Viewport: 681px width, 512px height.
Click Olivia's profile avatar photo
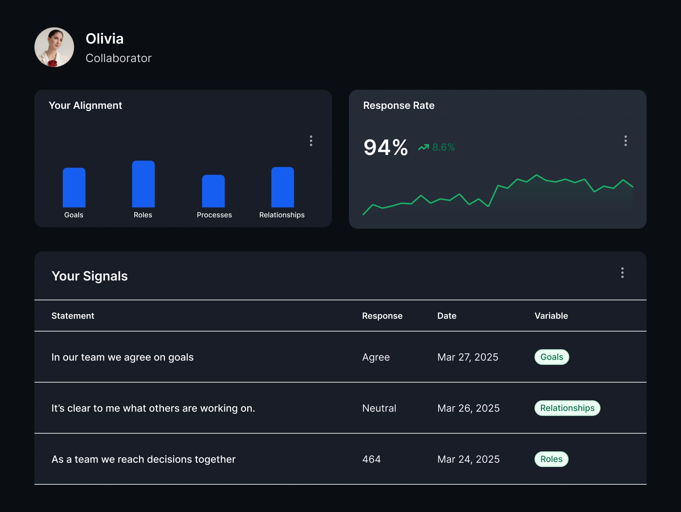pyautogui.click(x=54, y=47)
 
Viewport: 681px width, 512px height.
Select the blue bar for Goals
pyautogui.click(x=74, y=188)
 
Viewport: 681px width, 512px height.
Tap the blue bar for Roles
pyautogui.click(x=143, y=184)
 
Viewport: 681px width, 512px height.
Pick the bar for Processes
pyautogui.click(x=213, y=191)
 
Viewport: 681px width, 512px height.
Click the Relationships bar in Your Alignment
pyautogui.click(x=283, y=187)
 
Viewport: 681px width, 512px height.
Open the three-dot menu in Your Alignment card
pyautogui.click(x=311, y=141)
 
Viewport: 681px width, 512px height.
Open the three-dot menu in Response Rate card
pyautogui.click(x=626, y=141)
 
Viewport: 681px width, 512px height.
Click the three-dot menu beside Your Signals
pyautogui.click(x=622, y=273)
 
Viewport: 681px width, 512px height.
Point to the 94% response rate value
pyautogui.click(x=386, y=148)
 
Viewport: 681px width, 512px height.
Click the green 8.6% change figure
pyautogui.click(x=443, y=147)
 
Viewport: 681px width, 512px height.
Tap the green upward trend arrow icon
pyautogui.click(x=423, y=147)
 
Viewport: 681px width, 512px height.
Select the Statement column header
pyautogui.click(x=73, y=316)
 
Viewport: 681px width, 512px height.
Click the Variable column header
pyautogui.click(x=551, y=316)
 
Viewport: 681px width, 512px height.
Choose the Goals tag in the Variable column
pyautogui.click(x=552, y=357)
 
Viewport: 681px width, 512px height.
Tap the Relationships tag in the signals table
pyautogui.click(x=567, y=408)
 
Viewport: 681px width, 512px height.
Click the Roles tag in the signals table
pyautogui.click(x=552, y=459)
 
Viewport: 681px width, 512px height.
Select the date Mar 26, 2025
pyautogui.click(x=469, y=408)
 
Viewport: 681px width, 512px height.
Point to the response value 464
pyautogui.click(x=371, y=460)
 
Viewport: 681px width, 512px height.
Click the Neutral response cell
pyautogui.click(x=379, y=408)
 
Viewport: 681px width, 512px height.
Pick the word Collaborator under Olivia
pyautogui.click(x=118, y=58)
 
